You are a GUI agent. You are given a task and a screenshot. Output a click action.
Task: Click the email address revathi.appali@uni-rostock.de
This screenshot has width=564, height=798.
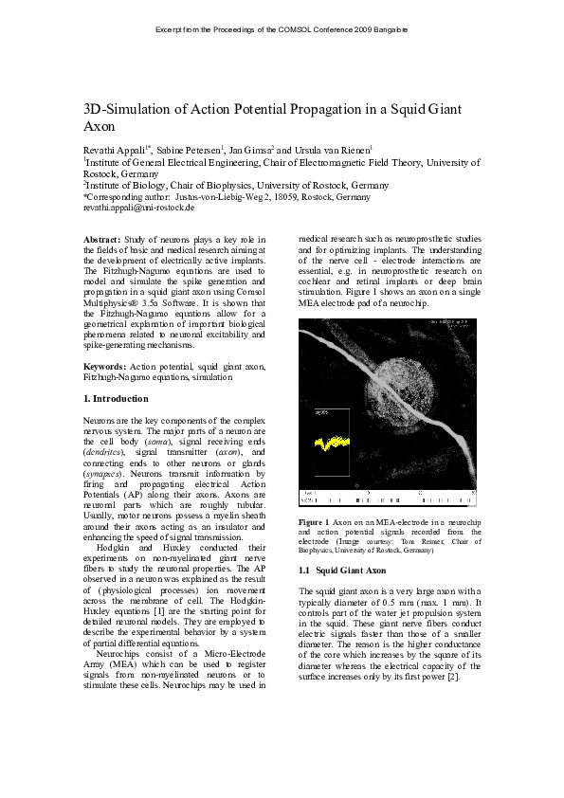tap(138, 207)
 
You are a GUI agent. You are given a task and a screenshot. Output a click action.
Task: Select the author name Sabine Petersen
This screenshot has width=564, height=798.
tap(188, 150)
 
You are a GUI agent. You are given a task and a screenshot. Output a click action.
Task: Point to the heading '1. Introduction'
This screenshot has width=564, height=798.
tap(116, 399)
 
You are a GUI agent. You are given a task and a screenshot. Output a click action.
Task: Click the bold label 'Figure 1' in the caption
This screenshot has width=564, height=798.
tap(313, 522)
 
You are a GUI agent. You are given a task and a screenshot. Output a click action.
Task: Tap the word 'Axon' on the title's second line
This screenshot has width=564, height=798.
tap(100, 126)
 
